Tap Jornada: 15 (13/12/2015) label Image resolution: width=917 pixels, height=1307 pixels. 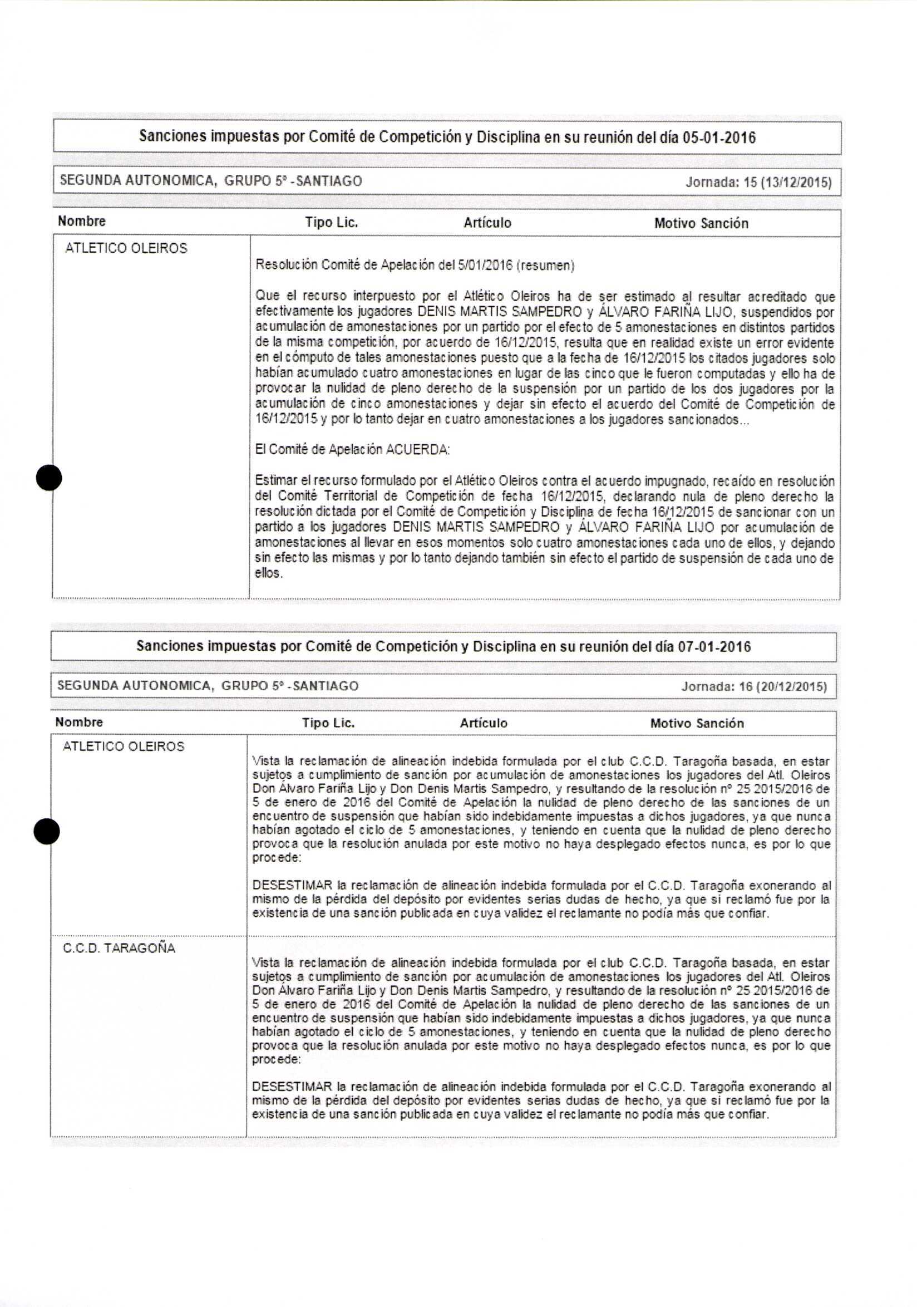click(758, 182)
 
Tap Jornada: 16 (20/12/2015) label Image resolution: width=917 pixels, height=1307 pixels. click(755, 686)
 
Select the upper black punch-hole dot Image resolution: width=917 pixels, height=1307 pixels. click(49, 478)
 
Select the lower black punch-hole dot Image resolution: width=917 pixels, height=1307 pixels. click(47, 832)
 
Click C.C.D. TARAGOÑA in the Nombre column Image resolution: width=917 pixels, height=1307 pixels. click(119, 949)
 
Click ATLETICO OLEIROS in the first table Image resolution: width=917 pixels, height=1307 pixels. click(126, 248)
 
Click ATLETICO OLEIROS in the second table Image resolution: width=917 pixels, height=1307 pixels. click(124, 746)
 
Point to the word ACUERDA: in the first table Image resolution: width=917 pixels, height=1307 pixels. click(417, 450)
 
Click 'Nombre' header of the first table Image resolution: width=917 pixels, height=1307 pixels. click(82, 221)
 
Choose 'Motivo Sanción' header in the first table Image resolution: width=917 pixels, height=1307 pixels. click(701, 223)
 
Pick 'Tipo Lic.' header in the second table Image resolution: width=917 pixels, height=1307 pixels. click(328, 723)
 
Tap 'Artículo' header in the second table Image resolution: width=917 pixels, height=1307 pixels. click(484, 723)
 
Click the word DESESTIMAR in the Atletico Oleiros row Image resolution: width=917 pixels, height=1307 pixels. click(292, 886)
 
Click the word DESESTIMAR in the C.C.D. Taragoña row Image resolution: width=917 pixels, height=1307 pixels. click(292, 1087)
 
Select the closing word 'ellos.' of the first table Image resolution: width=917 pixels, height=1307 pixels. click(269, 573)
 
